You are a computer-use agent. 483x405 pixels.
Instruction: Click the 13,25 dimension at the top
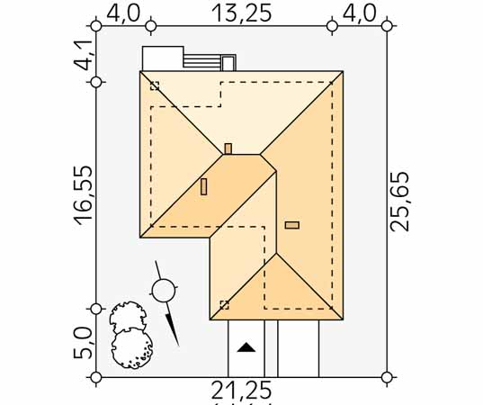[x=242, y=13]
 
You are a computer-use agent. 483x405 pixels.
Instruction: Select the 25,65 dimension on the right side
[x=399, y=202]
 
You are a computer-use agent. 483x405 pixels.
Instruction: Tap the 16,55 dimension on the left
[x=83, y=195]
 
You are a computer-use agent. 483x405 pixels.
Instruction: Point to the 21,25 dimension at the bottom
[x=241, y=391]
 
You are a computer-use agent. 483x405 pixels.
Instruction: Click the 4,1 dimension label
[x=83, y=56]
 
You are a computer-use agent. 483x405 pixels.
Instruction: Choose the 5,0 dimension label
[x=83, y=343]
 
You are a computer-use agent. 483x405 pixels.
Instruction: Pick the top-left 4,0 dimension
[x=123, y=13]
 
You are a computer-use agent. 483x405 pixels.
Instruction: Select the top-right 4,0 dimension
[x=360, y=13]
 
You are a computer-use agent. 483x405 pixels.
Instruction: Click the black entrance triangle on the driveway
[x=246, y=347]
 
